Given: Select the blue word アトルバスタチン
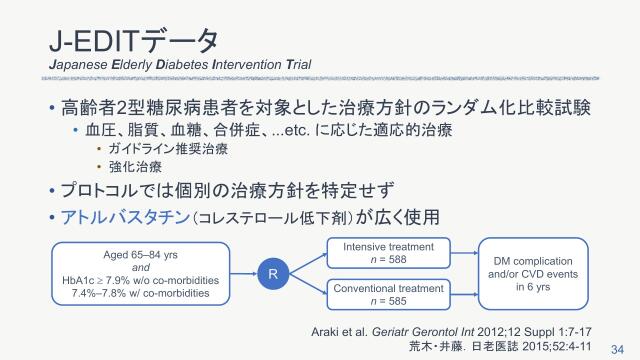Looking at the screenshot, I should tap(124, 217).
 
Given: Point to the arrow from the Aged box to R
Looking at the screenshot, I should tap(241, 272).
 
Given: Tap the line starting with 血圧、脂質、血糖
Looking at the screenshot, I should tap(253, 129).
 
